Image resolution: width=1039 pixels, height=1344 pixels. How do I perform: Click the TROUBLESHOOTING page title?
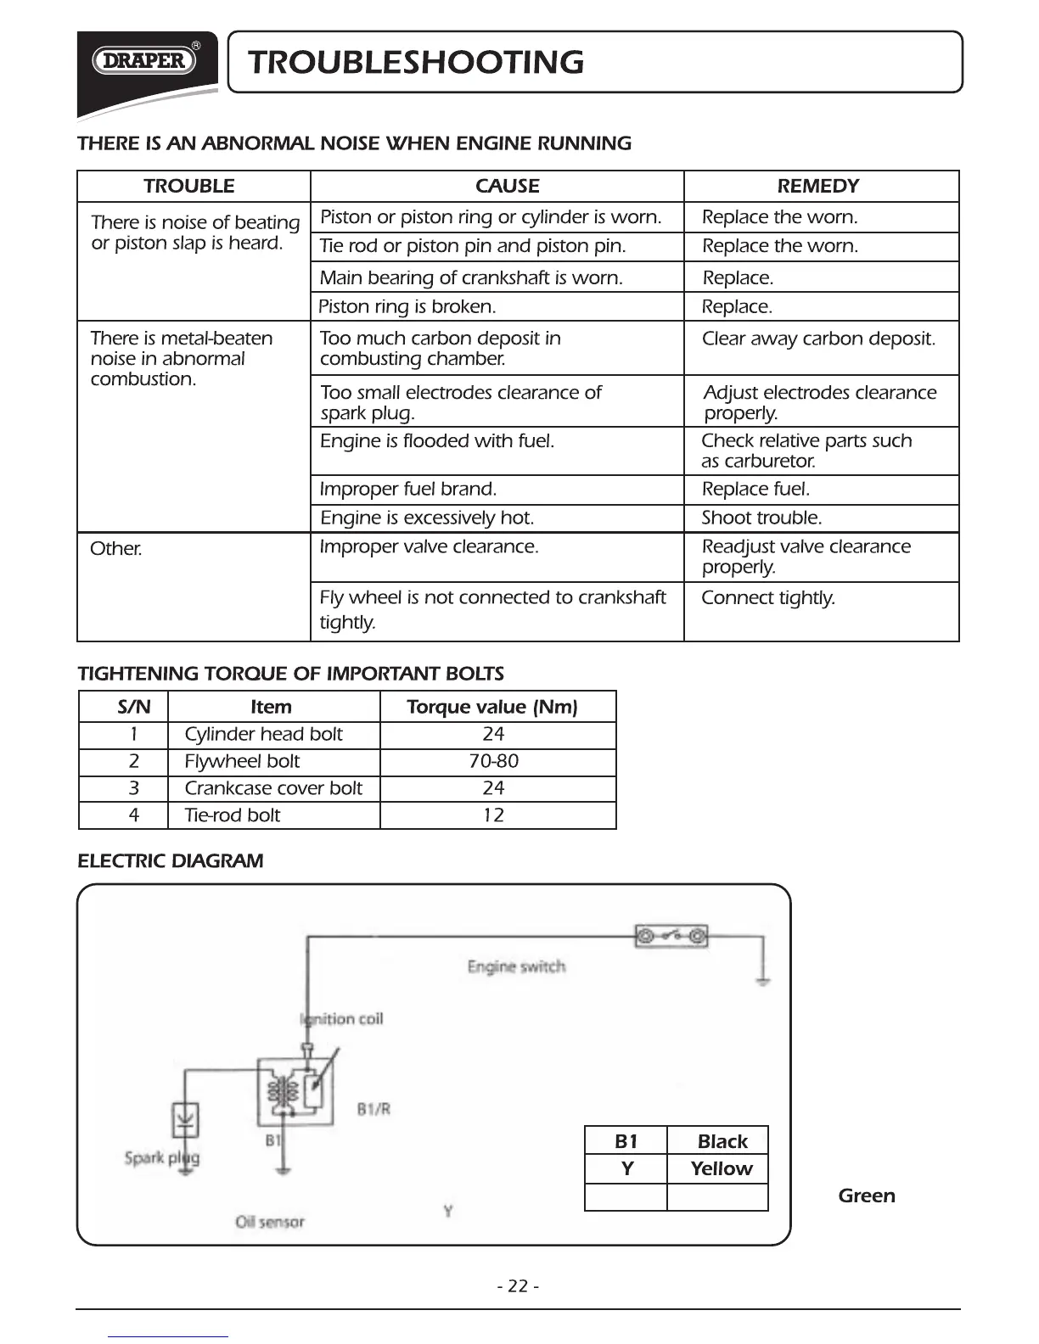tap(417, 63)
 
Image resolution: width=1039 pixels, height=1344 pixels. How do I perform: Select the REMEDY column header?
tap(818, 186)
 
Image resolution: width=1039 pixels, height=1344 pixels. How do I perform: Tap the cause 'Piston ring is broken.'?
tap(407, 306)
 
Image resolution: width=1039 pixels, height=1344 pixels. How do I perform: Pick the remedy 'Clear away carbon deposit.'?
tap(818, 339)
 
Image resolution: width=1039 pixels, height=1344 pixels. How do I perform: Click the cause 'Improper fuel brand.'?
tap(408, 489)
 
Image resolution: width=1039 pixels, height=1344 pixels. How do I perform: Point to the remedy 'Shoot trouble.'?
tap(761, 518)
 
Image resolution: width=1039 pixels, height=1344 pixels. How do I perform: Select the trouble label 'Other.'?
tap(116, 548)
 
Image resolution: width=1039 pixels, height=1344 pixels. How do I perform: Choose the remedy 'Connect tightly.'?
tap(768, 597)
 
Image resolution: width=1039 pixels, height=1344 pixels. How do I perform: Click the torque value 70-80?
tap(494, 761)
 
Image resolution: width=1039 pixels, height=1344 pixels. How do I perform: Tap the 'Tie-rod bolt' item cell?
tap(233, 815)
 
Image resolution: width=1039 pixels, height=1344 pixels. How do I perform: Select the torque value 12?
tap(493, 815)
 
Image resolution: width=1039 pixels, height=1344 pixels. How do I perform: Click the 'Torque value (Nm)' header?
tap(492, 707)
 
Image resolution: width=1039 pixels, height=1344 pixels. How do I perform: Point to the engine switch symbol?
tap(671, 937)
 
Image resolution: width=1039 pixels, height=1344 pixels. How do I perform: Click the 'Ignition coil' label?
tap(342, 1019)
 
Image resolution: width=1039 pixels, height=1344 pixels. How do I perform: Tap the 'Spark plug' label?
tap(162, 1157)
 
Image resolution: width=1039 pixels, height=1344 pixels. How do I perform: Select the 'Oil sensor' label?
tap(270, 1222)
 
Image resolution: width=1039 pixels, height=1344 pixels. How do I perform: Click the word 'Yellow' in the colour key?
tap(722, 1169)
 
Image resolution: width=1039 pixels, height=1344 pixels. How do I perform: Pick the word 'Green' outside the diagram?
tap(867, 1196)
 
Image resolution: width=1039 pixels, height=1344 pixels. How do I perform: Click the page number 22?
tap(518, 1286)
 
